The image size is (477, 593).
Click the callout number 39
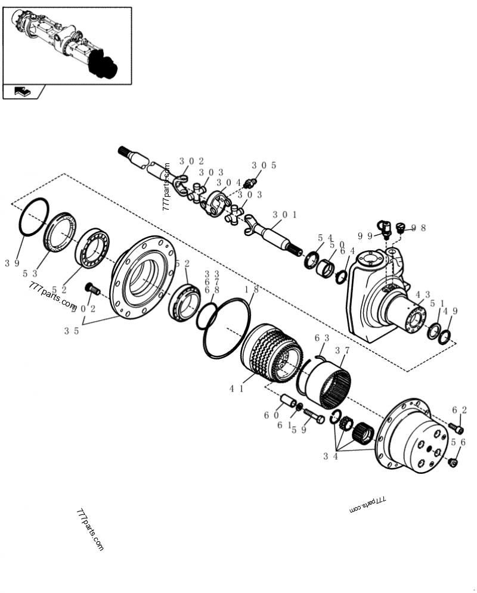click(12, 263)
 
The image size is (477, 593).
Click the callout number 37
click(342, 351)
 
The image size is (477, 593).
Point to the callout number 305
click(264, 166)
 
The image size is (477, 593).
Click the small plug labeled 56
click(453, 462)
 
